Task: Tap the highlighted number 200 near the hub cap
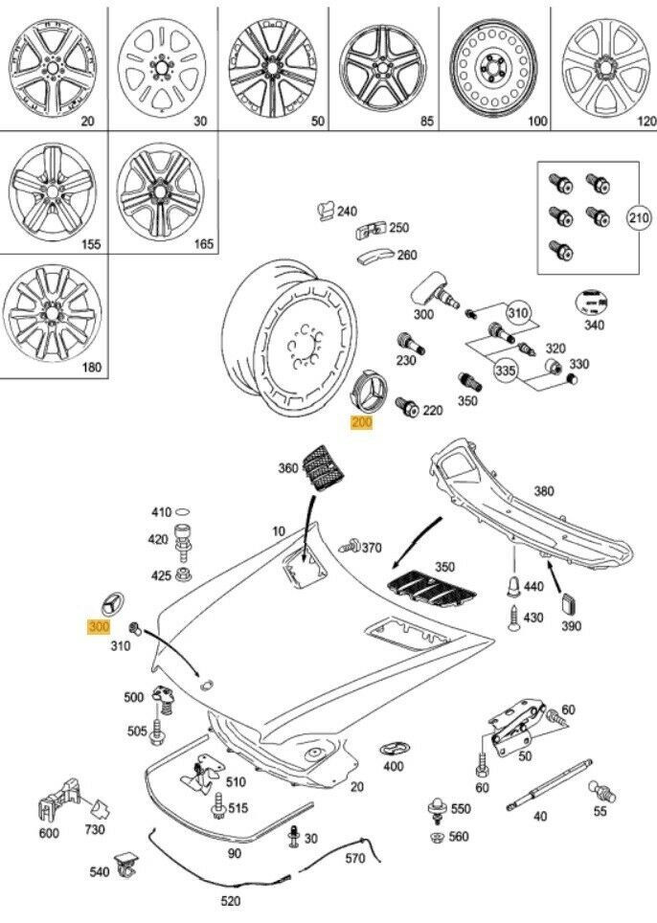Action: click(x=362, y=424)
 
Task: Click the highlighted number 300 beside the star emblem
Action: click(x=99, y=626)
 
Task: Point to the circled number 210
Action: click(x=639, y=218)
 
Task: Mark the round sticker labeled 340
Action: click(x=590, y=302)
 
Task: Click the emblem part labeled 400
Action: click(x=394, y=748)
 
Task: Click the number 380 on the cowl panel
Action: click(x=543, y=491)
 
